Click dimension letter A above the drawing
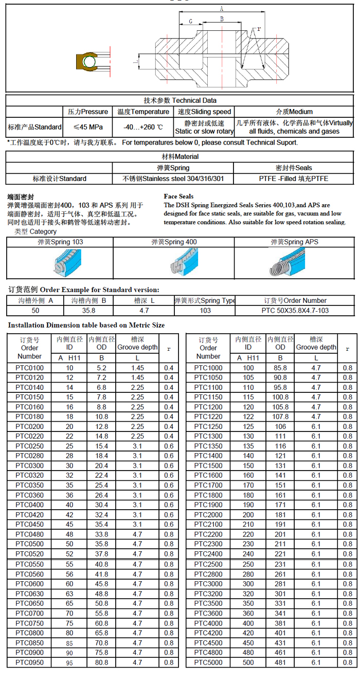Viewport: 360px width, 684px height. click(x=221, y=9)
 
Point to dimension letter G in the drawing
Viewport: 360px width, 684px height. click(x=190, y=21)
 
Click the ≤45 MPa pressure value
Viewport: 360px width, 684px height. click(x=87, y=127)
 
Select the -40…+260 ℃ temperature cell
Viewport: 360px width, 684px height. click(x=143, y=127)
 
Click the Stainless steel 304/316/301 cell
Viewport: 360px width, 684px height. click(x=173, y=179)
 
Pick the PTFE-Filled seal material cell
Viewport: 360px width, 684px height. click(x=294, y=179)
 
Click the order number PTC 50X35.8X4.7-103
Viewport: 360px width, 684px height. click(x=295, y=311)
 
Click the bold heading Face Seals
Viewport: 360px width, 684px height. click(x=178, y=196)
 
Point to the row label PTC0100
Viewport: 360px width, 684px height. click(x=29, y=368)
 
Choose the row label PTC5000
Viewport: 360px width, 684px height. click(x=208, y=662)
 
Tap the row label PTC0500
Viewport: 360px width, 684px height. click(x=29, y=544)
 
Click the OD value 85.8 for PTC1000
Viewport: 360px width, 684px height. click(x=280, y=368)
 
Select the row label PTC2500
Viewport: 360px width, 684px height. click(x=208, y=564)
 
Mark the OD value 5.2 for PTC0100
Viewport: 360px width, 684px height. click(x=101, y=368)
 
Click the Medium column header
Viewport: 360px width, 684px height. click(x=294, y=112)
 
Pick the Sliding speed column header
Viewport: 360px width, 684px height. click(x=204, y=112)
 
